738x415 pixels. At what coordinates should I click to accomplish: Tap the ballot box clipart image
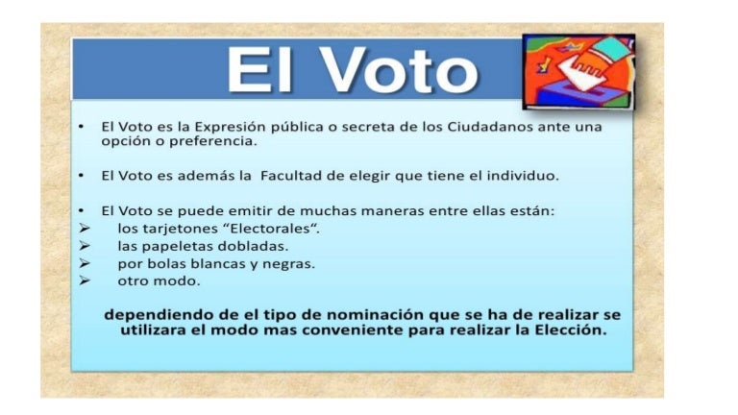(578, 71)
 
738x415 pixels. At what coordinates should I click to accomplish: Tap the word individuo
(524, 176)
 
